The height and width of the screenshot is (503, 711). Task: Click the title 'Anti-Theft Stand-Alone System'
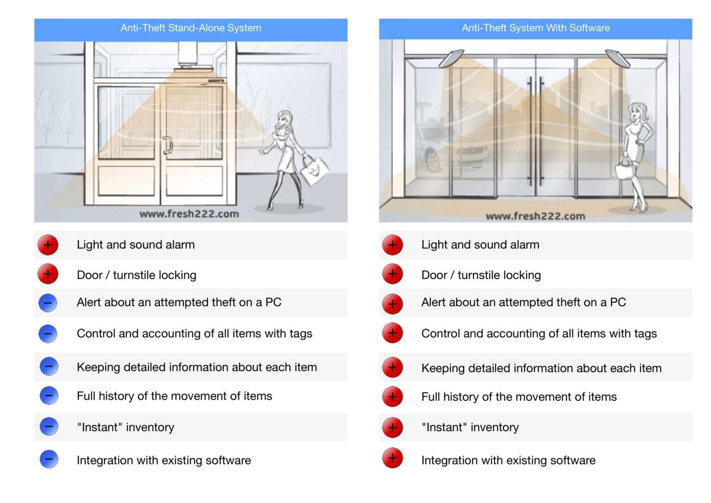coord(191,28)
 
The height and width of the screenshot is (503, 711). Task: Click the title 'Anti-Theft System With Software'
coord(536,28)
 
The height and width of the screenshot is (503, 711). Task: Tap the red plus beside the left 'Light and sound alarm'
coord(48,245)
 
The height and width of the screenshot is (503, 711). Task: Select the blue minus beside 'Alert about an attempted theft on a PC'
coord(48,303)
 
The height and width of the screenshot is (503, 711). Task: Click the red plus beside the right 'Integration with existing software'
coord(393,458)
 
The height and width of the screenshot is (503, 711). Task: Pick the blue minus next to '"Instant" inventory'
coord(49,426)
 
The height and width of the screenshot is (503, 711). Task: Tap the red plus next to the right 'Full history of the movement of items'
coord(393,397)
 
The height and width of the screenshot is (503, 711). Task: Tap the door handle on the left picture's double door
coord(168,145)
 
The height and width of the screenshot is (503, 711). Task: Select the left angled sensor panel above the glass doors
coord(452,58)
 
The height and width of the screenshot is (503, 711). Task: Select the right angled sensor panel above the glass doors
coord(618,58)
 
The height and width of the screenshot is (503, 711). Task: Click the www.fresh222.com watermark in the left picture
coord(189,214)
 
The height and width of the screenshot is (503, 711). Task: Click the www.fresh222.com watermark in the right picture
coord(535,216)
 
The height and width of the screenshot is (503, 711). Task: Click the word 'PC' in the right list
coord(618,302)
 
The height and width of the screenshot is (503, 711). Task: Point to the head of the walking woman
coord(285,120)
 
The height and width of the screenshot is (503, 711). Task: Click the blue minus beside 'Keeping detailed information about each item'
coord(49,367)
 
